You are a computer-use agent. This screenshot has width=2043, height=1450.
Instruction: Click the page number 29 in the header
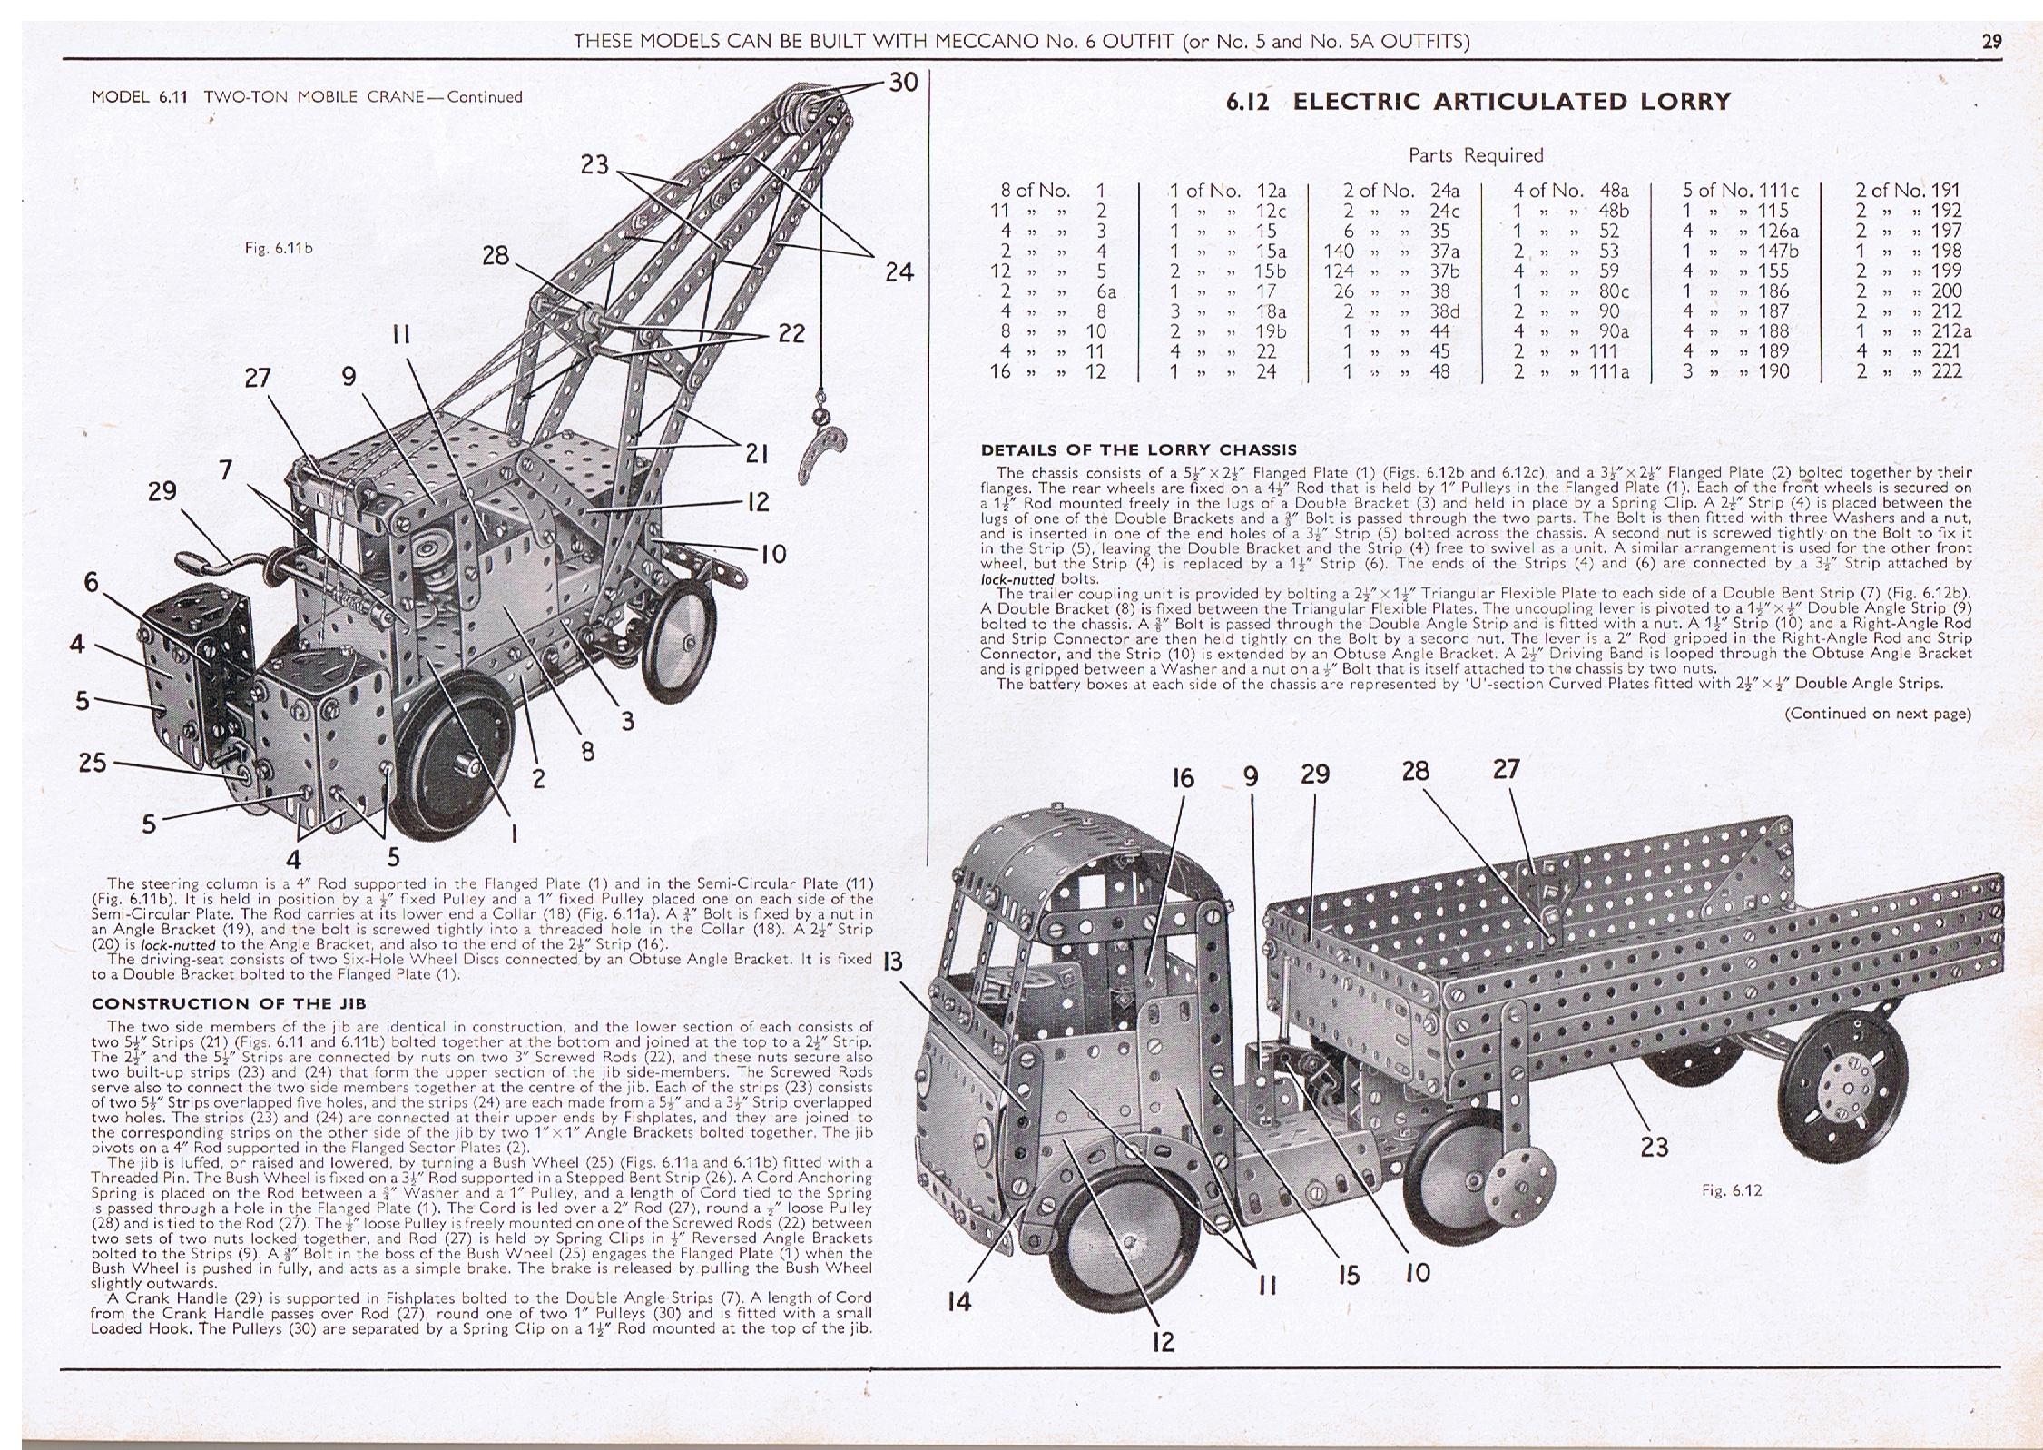coord(1991,41)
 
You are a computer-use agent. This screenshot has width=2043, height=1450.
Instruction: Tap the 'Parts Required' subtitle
coord(1476,155)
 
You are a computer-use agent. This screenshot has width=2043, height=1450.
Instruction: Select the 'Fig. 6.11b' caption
coord(279,247)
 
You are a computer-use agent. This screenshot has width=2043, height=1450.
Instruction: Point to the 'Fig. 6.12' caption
coord(1733,1190)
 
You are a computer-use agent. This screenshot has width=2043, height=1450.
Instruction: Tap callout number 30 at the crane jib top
coord(903,83)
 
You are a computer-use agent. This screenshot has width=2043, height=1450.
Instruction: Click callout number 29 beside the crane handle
coord(162,491)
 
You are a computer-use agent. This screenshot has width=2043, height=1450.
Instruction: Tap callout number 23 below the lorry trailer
coord(1654,1148)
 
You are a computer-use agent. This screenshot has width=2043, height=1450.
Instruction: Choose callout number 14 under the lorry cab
coord(958,1302)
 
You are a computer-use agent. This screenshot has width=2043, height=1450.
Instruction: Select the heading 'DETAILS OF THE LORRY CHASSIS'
coord(1138,449)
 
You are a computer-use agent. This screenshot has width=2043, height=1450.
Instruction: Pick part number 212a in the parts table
coord(1951,331)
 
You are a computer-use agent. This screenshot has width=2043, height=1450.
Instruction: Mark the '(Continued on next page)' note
coord(1878,714)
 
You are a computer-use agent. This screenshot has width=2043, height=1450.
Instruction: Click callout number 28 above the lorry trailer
coord(1415,772)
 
